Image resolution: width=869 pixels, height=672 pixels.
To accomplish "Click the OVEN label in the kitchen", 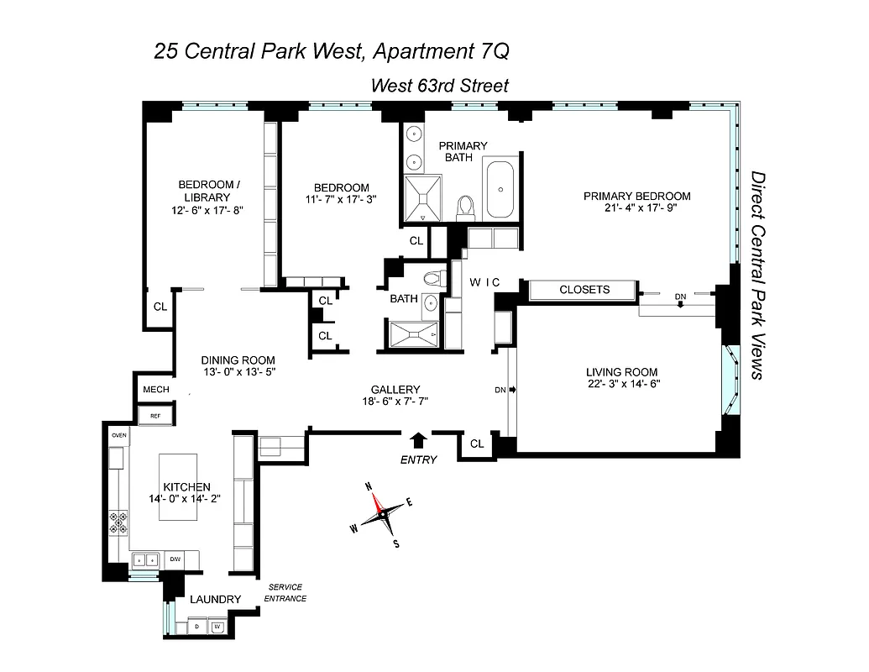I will (x=118, y=436).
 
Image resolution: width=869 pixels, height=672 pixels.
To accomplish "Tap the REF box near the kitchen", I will (x=155, y=416).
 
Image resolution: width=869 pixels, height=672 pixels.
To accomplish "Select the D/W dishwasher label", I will (x=175, y=559).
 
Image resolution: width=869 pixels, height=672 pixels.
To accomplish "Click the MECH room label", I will (x=156, y=390).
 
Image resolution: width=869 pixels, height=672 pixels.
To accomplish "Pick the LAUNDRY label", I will (x=215, y=600).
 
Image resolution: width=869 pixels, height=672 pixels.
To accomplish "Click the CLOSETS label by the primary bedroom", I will (x=584, y=290).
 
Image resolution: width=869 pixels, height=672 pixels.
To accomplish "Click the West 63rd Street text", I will (x=440, y=86).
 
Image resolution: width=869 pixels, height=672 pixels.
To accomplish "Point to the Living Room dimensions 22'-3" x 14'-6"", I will (x=621, y=386).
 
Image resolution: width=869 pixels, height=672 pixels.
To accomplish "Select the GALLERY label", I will (x=395, y=390).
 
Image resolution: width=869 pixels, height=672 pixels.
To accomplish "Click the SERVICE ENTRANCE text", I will (x=285, y=592).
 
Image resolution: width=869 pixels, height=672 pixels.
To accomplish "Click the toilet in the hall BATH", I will (x=432, y=278).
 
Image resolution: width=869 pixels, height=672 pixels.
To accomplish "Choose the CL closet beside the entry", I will (x=477, y=444).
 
